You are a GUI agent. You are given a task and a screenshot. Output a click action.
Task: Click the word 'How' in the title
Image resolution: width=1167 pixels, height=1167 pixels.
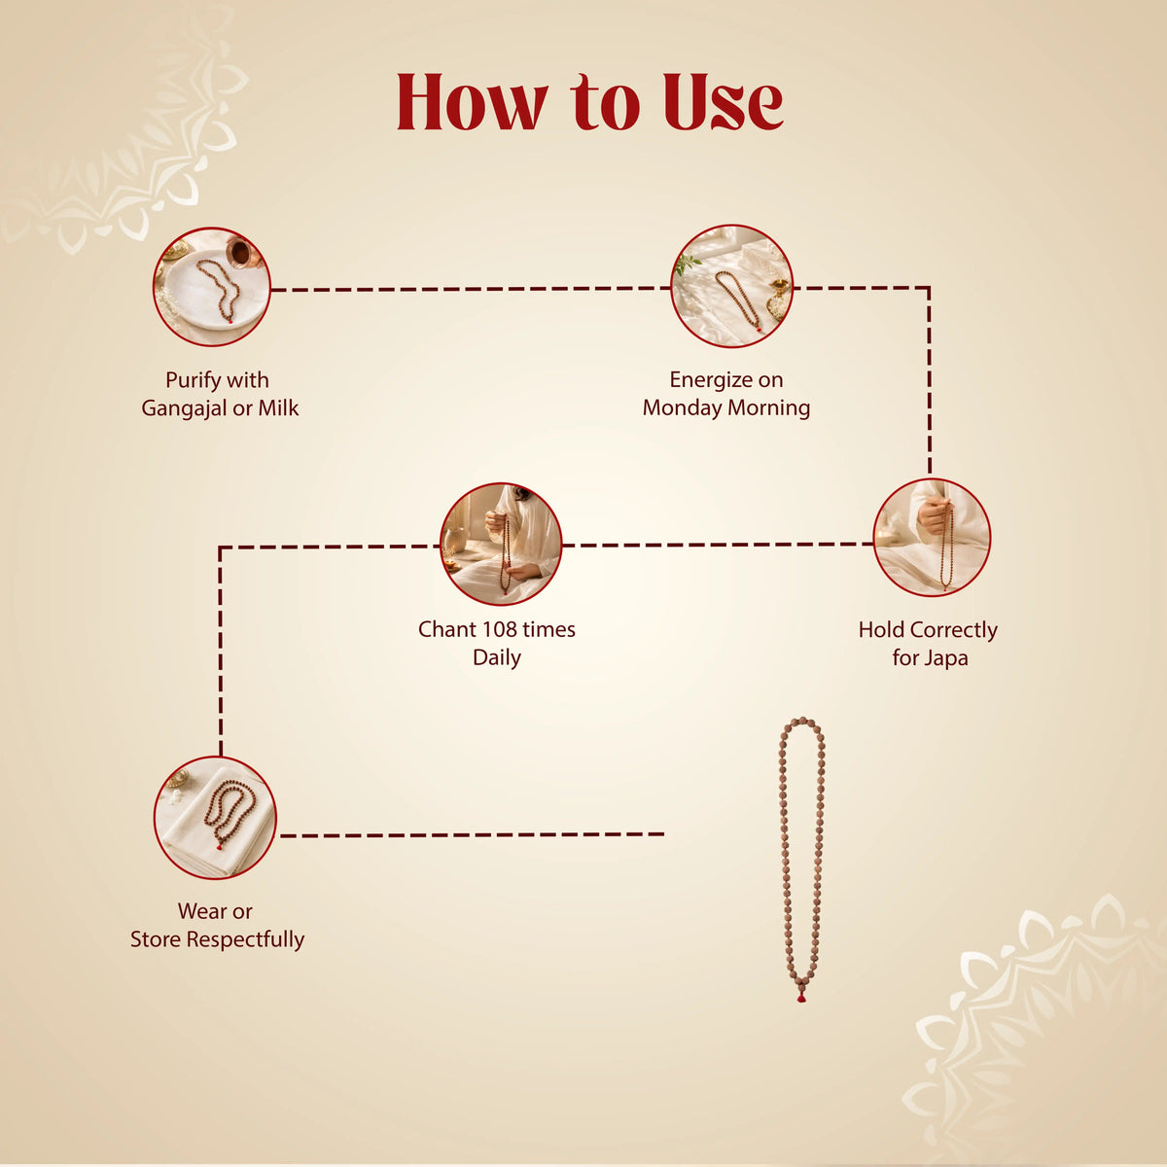coord(473,102)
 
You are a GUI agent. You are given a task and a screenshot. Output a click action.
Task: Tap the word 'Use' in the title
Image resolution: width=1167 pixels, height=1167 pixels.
coord(724,102)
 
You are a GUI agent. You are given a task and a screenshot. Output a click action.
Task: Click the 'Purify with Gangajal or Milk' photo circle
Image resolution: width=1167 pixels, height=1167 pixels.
coord(211,287)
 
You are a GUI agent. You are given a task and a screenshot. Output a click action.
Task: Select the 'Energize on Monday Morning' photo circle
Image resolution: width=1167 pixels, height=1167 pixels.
coord(731,287)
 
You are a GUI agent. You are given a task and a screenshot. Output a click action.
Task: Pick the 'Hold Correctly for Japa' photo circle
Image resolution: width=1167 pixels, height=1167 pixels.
coord(932,537)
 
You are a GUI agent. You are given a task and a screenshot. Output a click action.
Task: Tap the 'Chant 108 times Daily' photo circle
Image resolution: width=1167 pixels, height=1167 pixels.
coord(501,544)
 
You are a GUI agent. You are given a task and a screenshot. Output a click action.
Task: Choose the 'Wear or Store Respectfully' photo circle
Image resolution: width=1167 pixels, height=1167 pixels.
coord(215,818)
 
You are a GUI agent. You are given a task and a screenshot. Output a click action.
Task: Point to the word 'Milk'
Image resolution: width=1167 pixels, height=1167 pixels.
coord(278,408)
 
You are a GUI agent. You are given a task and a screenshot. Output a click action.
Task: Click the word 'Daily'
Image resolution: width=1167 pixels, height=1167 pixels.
coord(497,658)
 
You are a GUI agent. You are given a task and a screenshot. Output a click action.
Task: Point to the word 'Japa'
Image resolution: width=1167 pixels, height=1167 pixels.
coord(947,659)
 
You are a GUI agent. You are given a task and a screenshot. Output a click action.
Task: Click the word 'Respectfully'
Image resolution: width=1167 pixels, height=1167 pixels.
coord(245,939)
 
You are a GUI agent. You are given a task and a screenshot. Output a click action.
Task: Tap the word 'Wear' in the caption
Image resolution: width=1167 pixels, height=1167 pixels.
coord(198,911)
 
